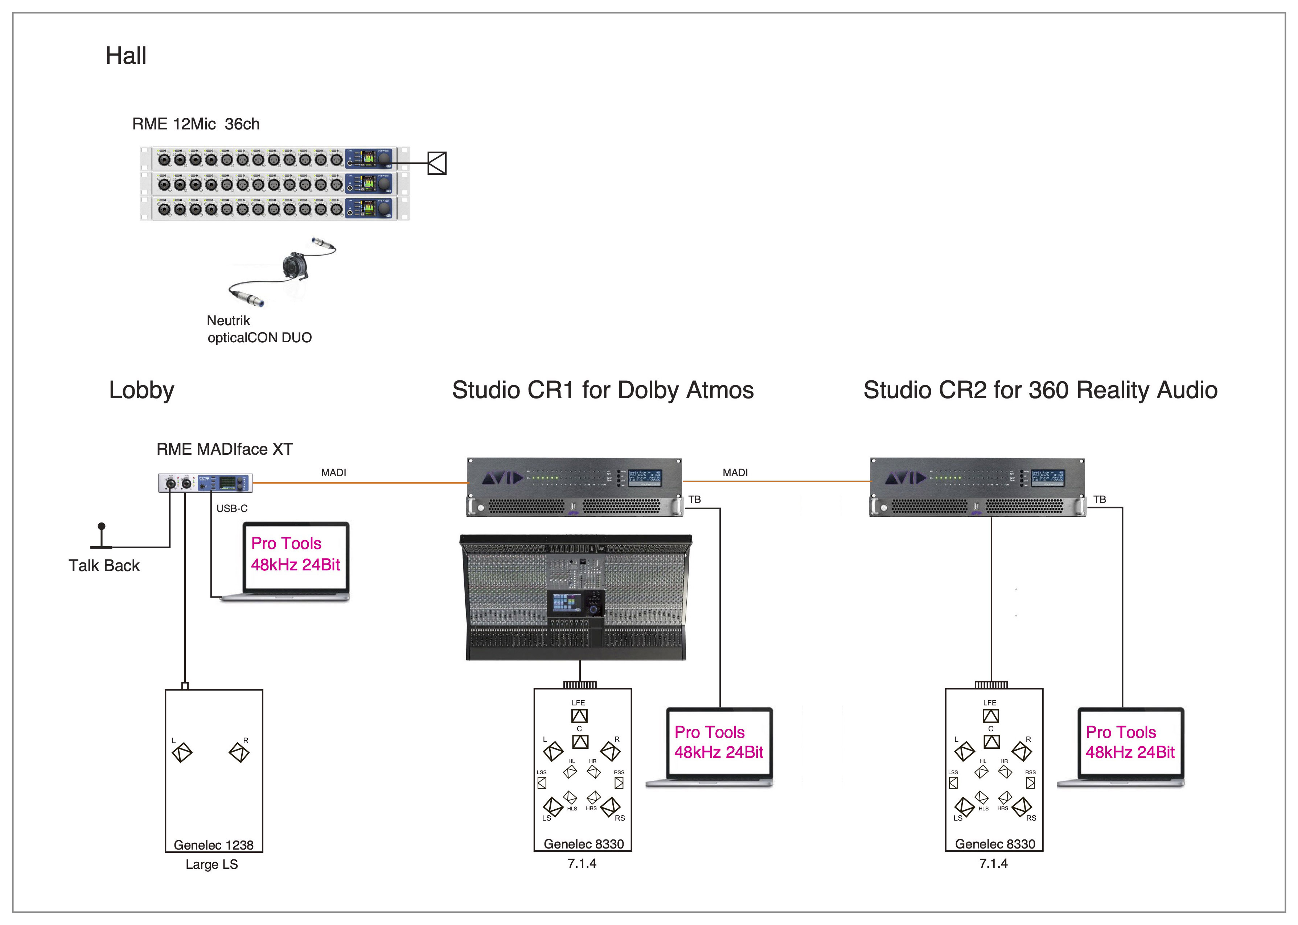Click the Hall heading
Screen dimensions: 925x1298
click(126, 56)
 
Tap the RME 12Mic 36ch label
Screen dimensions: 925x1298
click(196, 124)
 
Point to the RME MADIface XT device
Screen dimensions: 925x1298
click(205, 483)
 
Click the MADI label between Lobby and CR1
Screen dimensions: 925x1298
click(333, 473)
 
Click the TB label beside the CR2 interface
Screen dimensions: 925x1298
click(1100, 500)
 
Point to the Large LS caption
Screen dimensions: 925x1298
click(211, 864)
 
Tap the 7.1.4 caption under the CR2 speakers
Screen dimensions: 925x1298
click(993, 863)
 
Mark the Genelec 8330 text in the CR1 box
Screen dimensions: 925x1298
click(583, 844)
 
